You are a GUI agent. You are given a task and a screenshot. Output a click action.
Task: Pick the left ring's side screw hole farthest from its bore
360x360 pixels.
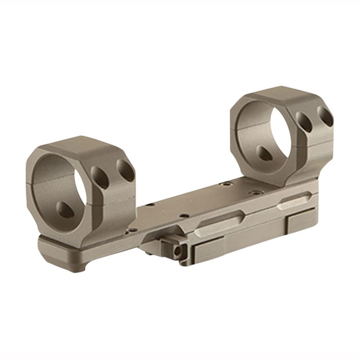[x=125, y=170]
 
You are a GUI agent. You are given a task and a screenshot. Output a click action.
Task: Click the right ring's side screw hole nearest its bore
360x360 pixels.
[x=304, y=123]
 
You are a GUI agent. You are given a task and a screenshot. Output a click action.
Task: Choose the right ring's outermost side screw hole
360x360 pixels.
[x=325, y=117]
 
